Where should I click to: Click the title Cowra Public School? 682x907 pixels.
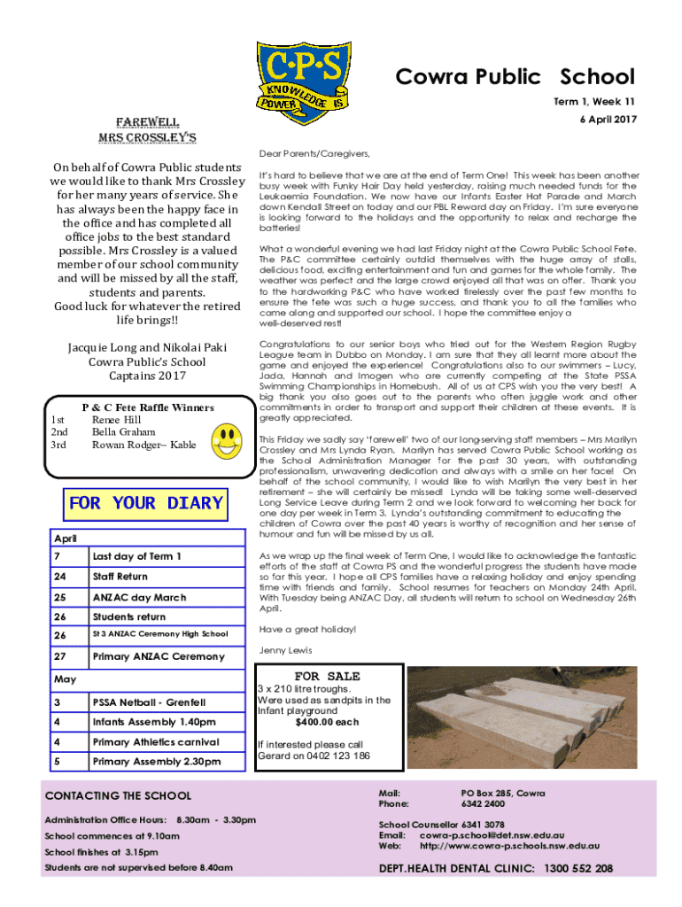click(515, 77)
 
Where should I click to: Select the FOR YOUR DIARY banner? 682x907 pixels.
click(145, 503)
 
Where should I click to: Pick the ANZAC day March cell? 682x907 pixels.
click(139, 596)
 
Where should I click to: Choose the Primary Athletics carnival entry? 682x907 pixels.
click(155, 742)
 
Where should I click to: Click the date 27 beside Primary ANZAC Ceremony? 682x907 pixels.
click(60, 656)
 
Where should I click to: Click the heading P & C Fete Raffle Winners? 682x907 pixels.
click(148, 407)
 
